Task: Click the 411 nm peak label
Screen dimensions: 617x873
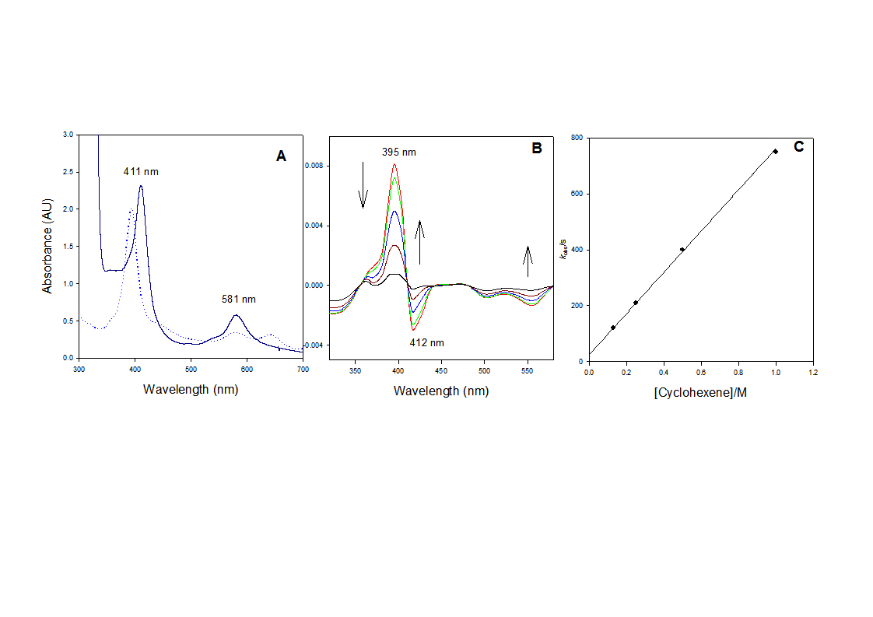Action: [141, 171]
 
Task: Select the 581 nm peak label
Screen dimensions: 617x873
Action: [238, 299]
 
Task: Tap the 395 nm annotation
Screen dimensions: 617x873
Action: [398, 152]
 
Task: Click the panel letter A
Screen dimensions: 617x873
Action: [281, 156]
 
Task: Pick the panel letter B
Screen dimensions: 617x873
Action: [536, 148]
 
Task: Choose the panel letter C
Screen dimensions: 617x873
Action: [798, 146]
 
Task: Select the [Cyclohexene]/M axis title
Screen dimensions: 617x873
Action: [701, 393]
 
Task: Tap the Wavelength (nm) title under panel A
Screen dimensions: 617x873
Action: [191, 389]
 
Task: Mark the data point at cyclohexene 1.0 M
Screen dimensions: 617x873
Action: [775, 152]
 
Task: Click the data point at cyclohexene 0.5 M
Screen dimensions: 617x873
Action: [682, 250]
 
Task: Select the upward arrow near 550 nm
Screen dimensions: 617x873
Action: [528, 261]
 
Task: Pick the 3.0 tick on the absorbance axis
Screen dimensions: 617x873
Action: [68, 135]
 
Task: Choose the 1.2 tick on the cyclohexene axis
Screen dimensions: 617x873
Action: [812, 373]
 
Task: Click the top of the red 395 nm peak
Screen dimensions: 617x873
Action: [394, 164]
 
